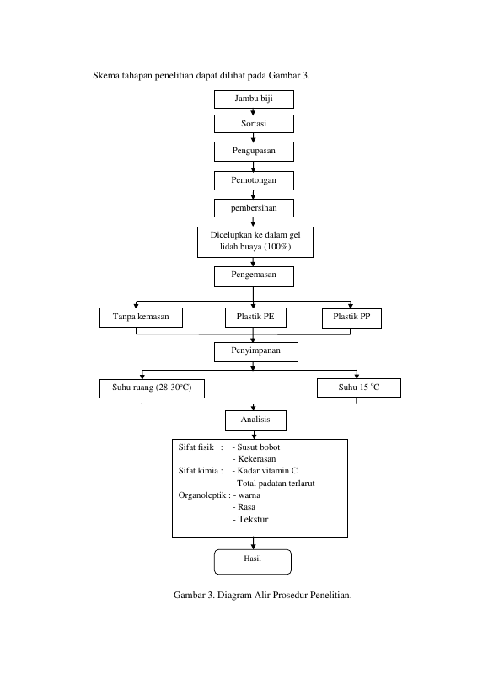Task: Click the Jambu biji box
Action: coord(254,99)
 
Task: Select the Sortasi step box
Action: coord(254,124)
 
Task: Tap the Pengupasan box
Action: coord(254,152)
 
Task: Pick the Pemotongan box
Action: coord(254,180)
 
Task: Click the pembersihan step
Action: coord(254,208)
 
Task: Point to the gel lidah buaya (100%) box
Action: coord(255,242)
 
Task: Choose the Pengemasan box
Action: coord(254,277)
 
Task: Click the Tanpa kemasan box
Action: coord(141,318)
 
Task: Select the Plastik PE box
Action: coord(255,318)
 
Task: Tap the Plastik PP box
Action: coord(351,318)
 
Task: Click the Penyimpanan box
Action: coord(256,352)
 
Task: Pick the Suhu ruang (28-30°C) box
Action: coord(152,388)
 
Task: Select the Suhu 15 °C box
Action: coord(359,388)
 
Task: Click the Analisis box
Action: coord(255,420)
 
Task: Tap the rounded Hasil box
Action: coord(253,562)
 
